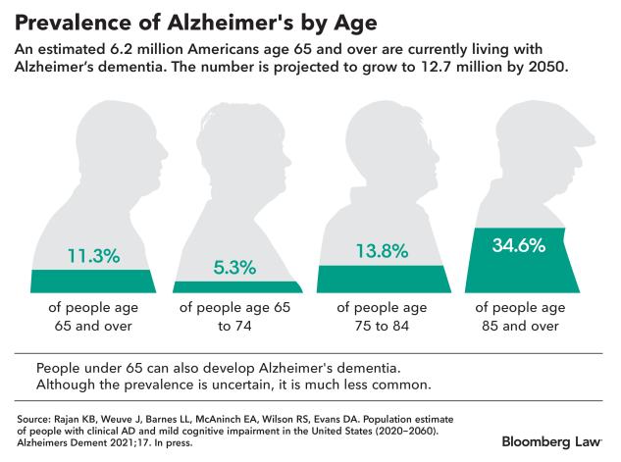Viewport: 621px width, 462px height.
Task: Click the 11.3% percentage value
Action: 93,256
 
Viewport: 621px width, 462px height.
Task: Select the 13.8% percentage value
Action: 381,250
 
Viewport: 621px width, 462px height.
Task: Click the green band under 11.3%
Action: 93,281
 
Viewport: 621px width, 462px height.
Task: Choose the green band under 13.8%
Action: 381,279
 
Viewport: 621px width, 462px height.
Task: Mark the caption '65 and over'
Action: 93,326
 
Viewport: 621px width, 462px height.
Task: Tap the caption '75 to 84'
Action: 381,326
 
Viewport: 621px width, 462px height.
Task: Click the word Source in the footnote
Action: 32,418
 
